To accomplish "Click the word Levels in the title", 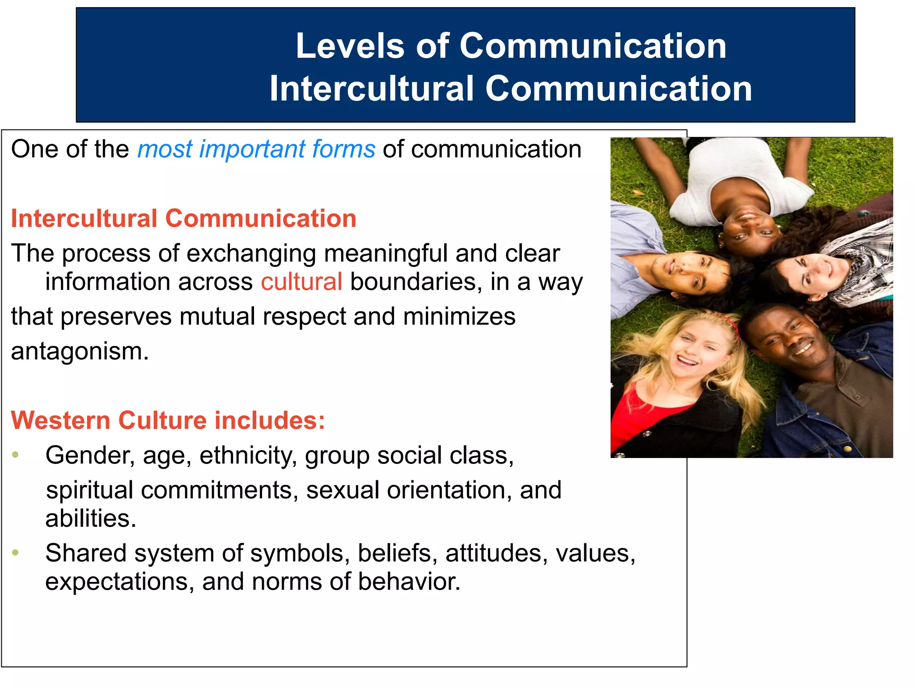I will coord(349,47).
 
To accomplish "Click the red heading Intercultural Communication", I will coord(183,219).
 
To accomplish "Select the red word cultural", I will coord(301,282).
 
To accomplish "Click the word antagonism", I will coord(79,352).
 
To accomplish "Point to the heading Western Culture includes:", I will coord(168,421).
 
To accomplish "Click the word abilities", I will coord(90,519).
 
